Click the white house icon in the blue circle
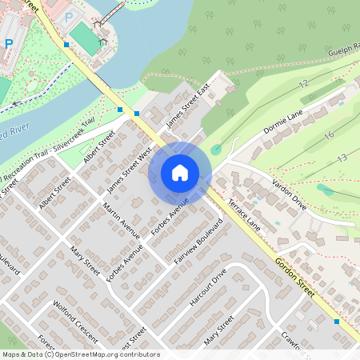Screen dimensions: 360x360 point(180,173)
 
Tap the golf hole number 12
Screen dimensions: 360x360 point(302,83)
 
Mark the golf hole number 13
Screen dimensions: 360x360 point(342,159)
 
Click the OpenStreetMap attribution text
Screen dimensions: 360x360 point(81,354)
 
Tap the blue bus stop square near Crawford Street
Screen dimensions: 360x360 point(337,322)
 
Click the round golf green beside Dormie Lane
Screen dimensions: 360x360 point(216,149)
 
